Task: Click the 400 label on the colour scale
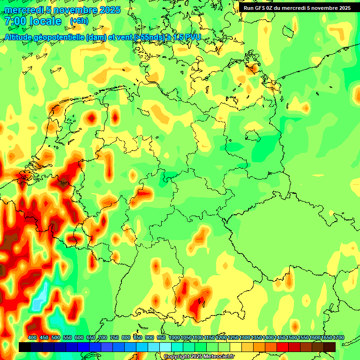32,337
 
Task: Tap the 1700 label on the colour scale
338,337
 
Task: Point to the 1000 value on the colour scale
174,337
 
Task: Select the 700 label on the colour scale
103,337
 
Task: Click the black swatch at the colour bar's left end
25,347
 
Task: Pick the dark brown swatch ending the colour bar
330,347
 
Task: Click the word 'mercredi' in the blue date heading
24,10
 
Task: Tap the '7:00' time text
15,21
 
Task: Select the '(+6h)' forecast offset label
79,21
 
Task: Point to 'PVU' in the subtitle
192,37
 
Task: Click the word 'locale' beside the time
45,21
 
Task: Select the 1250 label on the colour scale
233,337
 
